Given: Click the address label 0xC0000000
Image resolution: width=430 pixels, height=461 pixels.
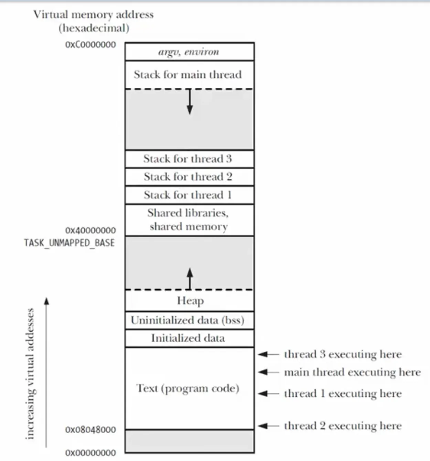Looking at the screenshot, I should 90,45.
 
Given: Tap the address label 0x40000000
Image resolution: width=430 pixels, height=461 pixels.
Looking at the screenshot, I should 90,230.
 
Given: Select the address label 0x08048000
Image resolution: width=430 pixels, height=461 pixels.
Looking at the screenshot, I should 90,430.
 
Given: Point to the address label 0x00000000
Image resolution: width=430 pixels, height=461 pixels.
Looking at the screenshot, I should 90,453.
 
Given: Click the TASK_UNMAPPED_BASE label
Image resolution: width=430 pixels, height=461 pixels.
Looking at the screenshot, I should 69,243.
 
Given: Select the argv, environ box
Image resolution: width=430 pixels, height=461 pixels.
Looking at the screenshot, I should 189,52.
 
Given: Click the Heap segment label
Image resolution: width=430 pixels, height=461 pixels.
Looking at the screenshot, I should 190,301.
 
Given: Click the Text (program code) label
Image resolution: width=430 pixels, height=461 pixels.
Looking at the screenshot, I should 188,388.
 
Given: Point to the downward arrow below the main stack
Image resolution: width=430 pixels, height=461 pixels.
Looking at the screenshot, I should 190,101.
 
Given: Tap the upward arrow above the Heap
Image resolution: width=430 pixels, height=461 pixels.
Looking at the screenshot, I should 190,278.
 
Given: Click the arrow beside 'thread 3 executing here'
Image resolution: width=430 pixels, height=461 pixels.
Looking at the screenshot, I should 268,354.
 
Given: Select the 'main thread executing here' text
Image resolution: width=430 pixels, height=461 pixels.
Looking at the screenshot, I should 352,372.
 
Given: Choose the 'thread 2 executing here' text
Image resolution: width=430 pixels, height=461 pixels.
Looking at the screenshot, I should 343,426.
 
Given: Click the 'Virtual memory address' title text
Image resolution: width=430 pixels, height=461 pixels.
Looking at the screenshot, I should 93,15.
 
